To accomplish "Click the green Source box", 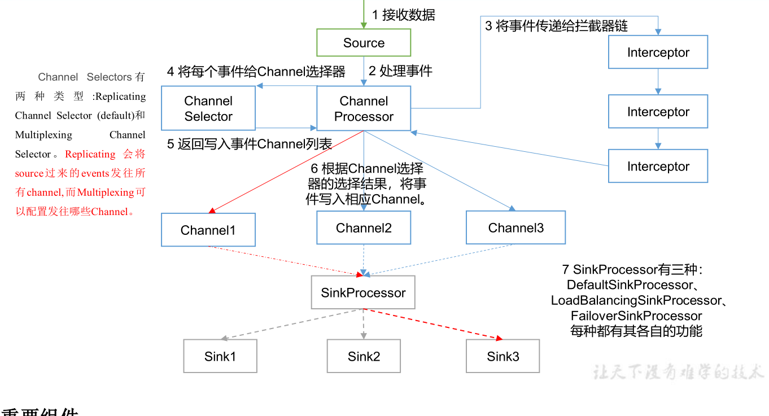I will [x=364, y=43].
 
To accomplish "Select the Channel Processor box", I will [x=364, y=108].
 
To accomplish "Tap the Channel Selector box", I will [x=208, y=108].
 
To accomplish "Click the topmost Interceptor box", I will [x=658, y=52].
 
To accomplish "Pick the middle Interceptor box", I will [x=658, y=112].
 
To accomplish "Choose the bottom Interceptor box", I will [x=658, y=167].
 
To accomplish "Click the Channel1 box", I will [x=208, y=230].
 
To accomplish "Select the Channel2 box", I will [x=364, y=227].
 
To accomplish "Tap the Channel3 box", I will [x=515, y=227].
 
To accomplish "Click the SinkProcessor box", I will [x=363, y=292].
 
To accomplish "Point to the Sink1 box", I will [x=220, y=356].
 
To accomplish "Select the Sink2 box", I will [x=364, y=356].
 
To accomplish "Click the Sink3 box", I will [x=503, y=356].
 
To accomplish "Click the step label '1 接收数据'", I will [x=403, y=15].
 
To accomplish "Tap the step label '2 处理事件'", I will [x=400, y=71].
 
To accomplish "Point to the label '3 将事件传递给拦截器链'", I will [x=556, y=26].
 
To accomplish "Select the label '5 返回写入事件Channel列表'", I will [x=249, y=144].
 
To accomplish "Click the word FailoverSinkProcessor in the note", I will [x=636, y=316].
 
